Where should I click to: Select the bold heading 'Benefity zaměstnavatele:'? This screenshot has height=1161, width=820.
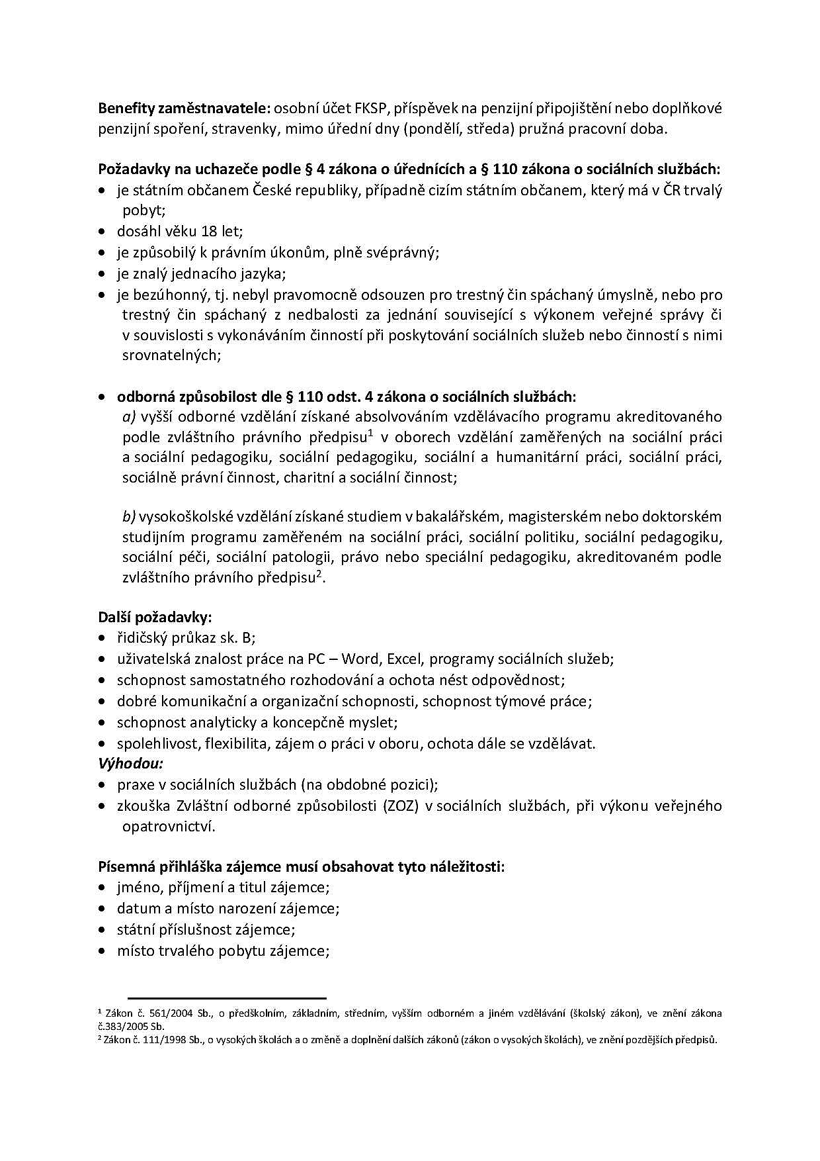coord(184,108)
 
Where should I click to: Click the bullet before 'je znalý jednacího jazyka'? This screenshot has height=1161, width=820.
coord(102,273)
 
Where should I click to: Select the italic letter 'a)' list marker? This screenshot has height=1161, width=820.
coord(129,417)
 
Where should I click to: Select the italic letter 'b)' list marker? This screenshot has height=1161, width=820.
coord(129,516)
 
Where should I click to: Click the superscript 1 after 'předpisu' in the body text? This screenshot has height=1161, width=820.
coord(371,433)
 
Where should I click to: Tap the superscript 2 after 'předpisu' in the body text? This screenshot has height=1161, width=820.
coord(318,573)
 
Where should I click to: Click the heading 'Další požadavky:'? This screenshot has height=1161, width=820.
coord(155,618)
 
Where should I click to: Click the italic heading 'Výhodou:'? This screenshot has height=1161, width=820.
coord(131,763)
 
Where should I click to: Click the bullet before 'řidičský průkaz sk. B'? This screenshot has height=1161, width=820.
coord(102,639)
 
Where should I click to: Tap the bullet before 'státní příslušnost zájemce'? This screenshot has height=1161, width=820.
coord(102,930)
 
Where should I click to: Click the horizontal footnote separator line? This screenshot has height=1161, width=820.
coord(227,998)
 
